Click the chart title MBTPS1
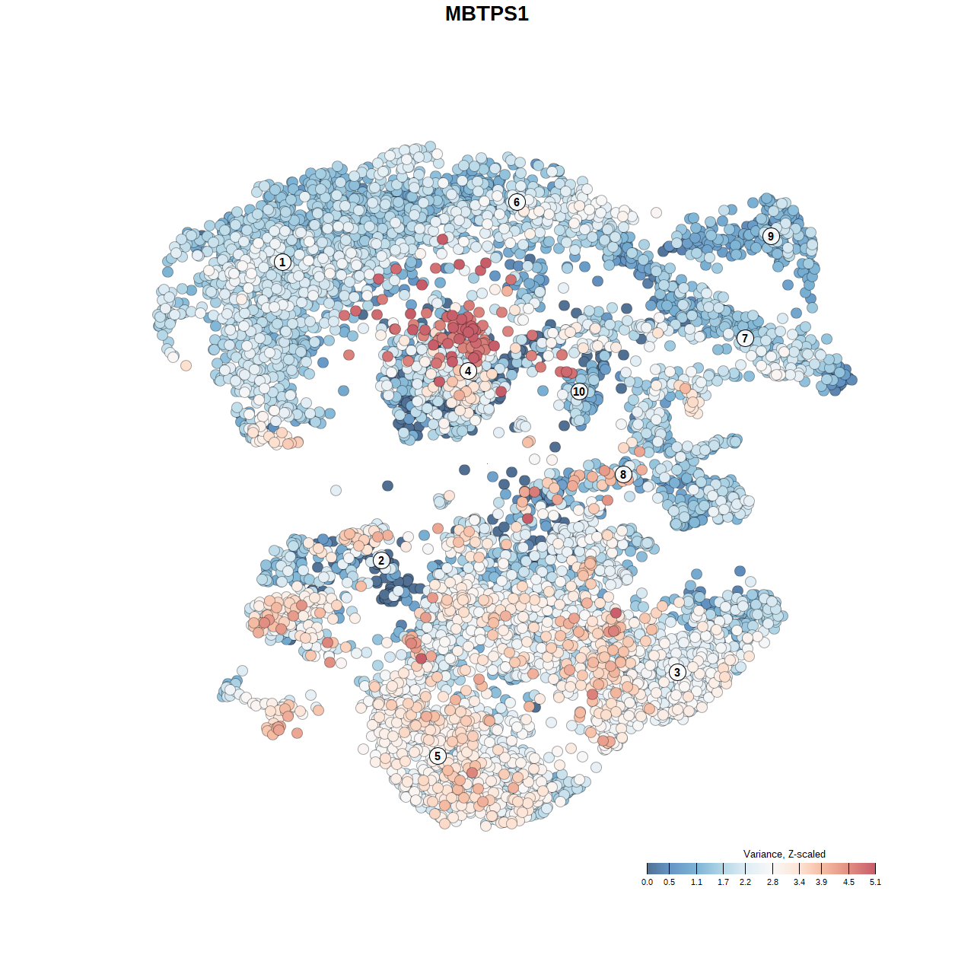tap(487, 14)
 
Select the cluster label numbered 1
tap(282, 262)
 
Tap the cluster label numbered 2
tap(381, 561)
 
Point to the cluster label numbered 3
tap(677, 672)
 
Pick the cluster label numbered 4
tap(468, 371)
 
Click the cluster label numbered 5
tap(438, 756)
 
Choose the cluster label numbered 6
tap(517, 202)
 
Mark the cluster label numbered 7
tap(745, 338)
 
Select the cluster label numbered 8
tap(623, 475)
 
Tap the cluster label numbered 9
tap(771, 236)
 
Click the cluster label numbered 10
tap(579, 391)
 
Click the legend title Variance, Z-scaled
tap(784, 854)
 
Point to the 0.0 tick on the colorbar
tap(647, 882)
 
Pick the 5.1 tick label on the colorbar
tap(875, 882)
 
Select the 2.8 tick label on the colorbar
tap(772, 882)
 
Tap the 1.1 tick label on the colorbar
tap(696, 882)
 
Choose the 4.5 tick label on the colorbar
tap(848, 882)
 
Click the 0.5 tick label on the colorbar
tap(669, 882)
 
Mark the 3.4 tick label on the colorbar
tap(799, 882)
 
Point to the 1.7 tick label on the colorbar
tap(723, 882)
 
